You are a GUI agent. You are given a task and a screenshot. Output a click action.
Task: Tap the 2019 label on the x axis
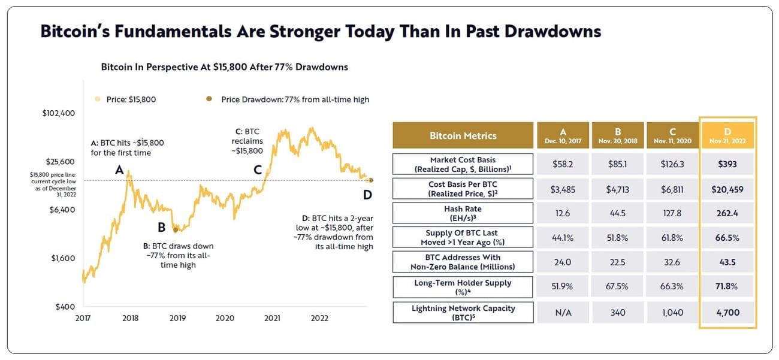[x=177, y=318]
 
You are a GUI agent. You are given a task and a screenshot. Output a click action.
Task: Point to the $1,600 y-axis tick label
[x=62, y=258]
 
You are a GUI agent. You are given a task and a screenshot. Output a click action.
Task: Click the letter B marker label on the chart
[x=161, y=228]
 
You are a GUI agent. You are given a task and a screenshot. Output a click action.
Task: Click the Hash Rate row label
[x=463, y=213]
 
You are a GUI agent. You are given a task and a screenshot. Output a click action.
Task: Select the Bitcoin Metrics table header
[x=463, y=135]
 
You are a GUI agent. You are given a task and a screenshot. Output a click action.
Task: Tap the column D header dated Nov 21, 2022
[x=727, y=135]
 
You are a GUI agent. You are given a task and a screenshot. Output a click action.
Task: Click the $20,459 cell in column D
[x=727, y=189]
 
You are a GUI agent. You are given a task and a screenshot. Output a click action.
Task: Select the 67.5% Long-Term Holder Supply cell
[x=617, y=287]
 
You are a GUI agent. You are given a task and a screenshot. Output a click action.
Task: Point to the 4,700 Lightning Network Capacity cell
[x=727, y=313]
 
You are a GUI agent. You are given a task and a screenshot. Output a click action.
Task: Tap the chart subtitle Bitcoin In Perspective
[x=224, y=67]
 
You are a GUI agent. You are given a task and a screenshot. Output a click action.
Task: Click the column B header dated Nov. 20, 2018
[x=617, y=135]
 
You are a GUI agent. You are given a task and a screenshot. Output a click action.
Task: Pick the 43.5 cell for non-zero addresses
[x=727, y=262]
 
